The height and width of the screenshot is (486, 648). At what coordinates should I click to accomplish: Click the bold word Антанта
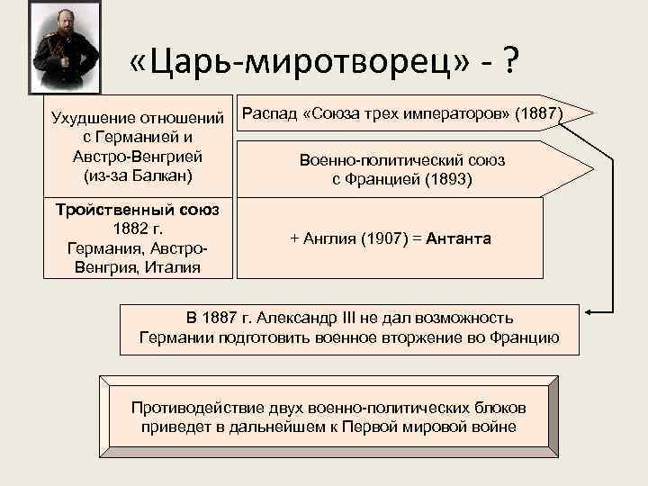pyautogui.click(x=459, y=238)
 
